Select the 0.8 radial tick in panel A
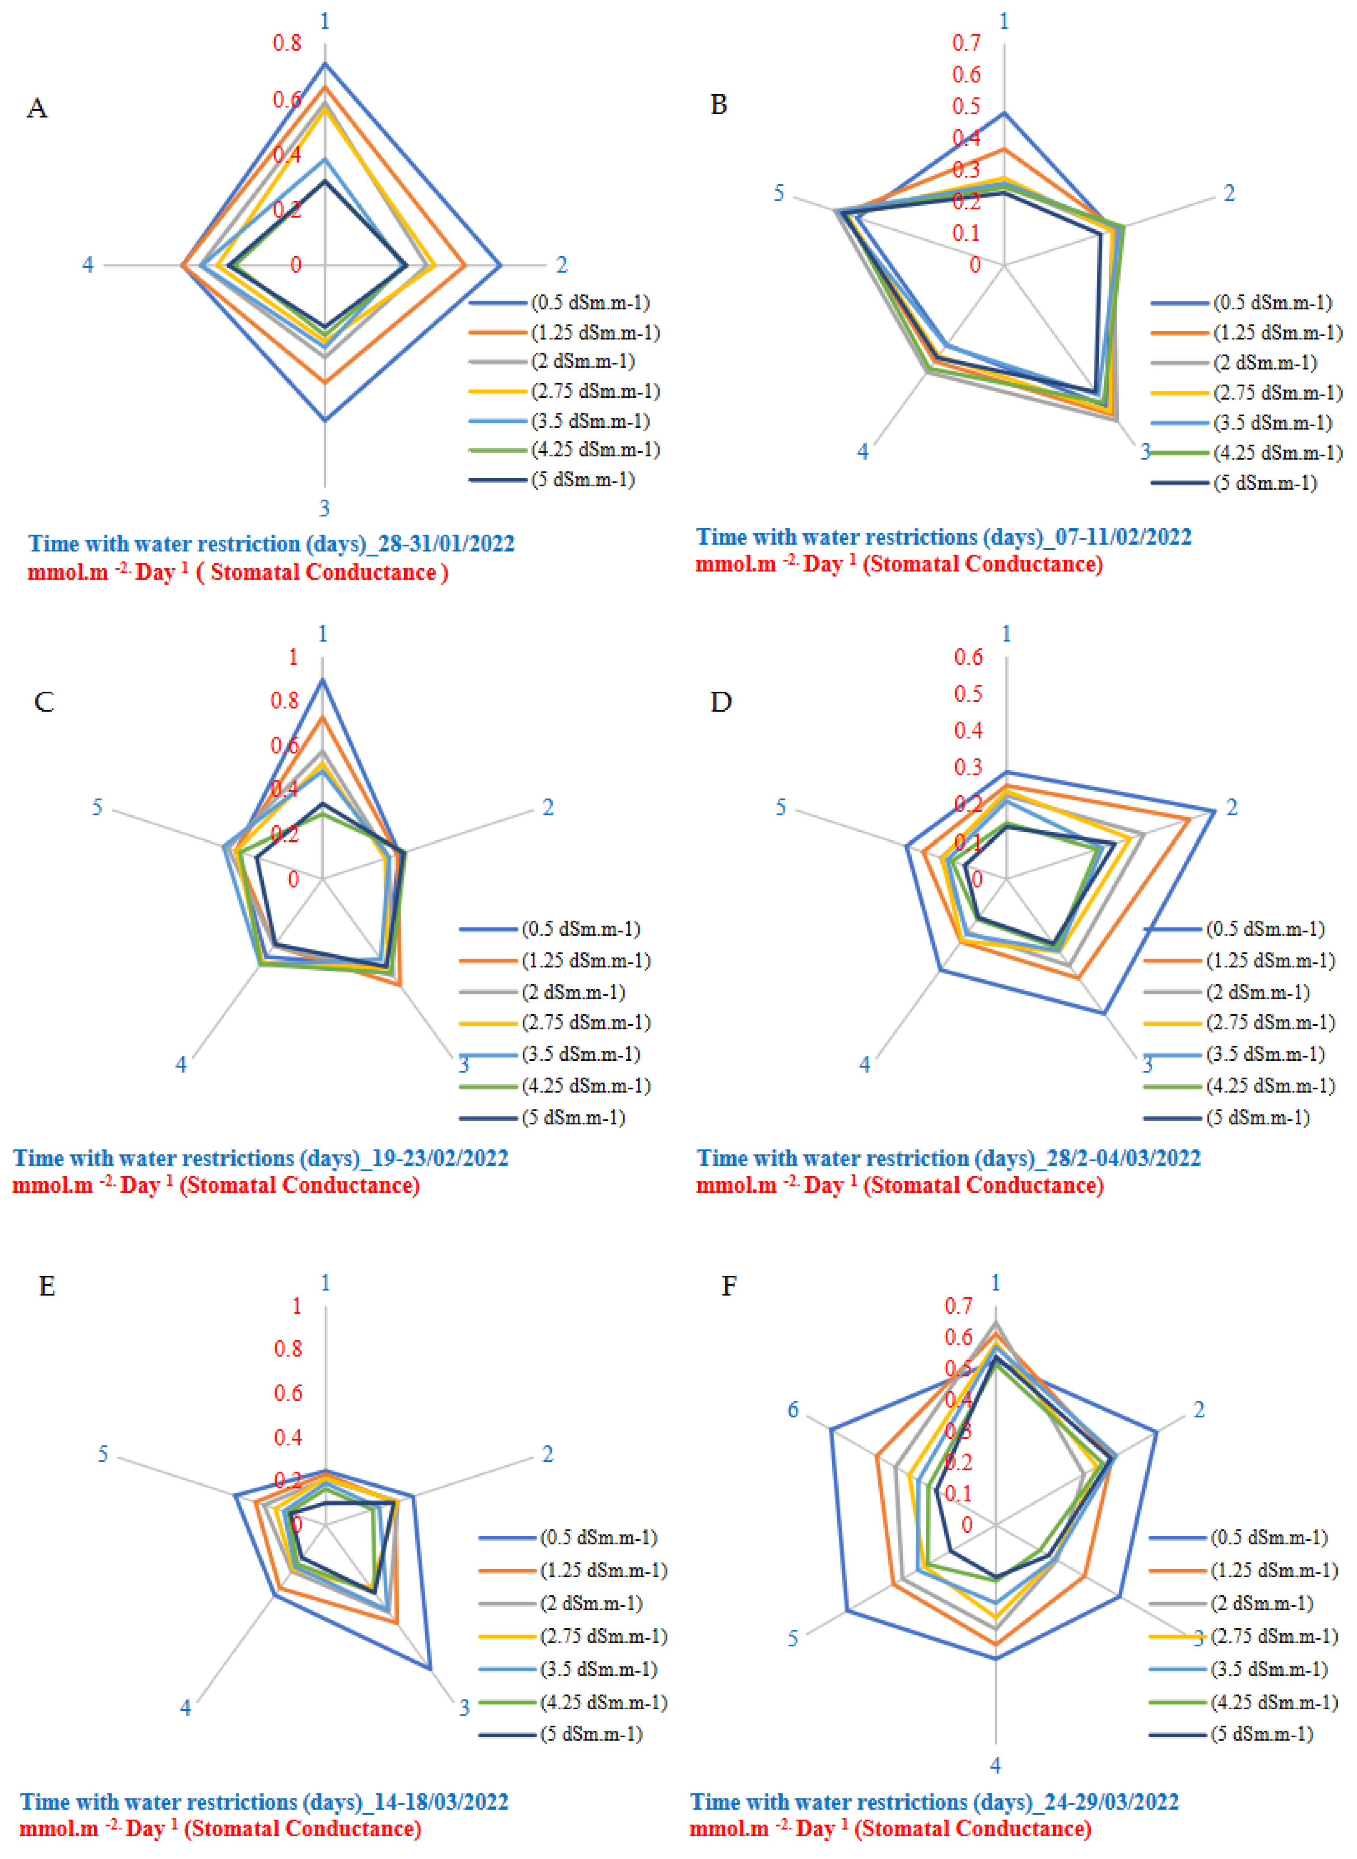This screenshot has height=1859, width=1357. tap(287, 43)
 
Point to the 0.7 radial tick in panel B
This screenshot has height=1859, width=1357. tap(966, 43)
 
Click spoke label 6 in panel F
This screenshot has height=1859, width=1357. tap(793, 1410)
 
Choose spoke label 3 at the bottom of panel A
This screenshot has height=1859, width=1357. tap(325, 508)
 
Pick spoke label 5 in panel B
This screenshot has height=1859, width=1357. tap(779, 193)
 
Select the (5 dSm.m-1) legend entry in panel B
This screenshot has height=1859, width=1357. tap(1265, 483)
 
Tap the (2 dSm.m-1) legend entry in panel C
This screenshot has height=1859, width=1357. tap(573, 992)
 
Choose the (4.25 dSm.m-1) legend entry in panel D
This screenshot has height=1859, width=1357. tap(1270, 1085)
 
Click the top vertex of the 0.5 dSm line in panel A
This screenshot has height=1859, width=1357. tap(325, 63)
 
